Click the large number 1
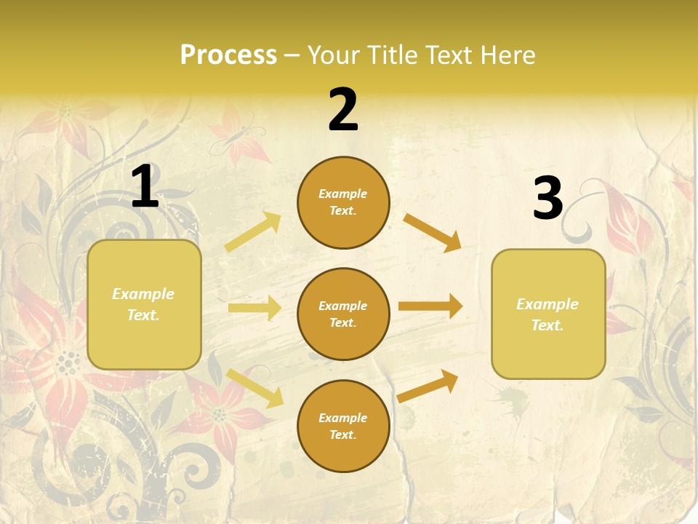pyautogui.click(x=145, y=187)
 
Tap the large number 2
pyautogui.click(x=343, y=110)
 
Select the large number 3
pyautogui.click(x=547, y=199)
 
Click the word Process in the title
pyautogui.click(x=228, y=55)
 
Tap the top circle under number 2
pyautogui.click(x=343, y=202)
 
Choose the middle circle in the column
pyautogui.click(x=343, y=314)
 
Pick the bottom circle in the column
pyautogui.click(x=343, y=426)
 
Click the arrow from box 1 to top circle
pyautogui.click(x=253, y=232)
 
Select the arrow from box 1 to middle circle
pyautogui.click(x=254, y=308)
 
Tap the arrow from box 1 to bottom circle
pyautogui.click(x=254, y=388)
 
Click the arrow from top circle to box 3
pyautogui.click(x=433, y=233)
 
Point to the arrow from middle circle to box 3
pyautogui.click(x=430, y=306)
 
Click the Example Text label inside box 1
pyautogui.click(x=143, y=304)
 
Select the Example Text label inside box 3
pyautogui.click(x=547, y=314)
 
